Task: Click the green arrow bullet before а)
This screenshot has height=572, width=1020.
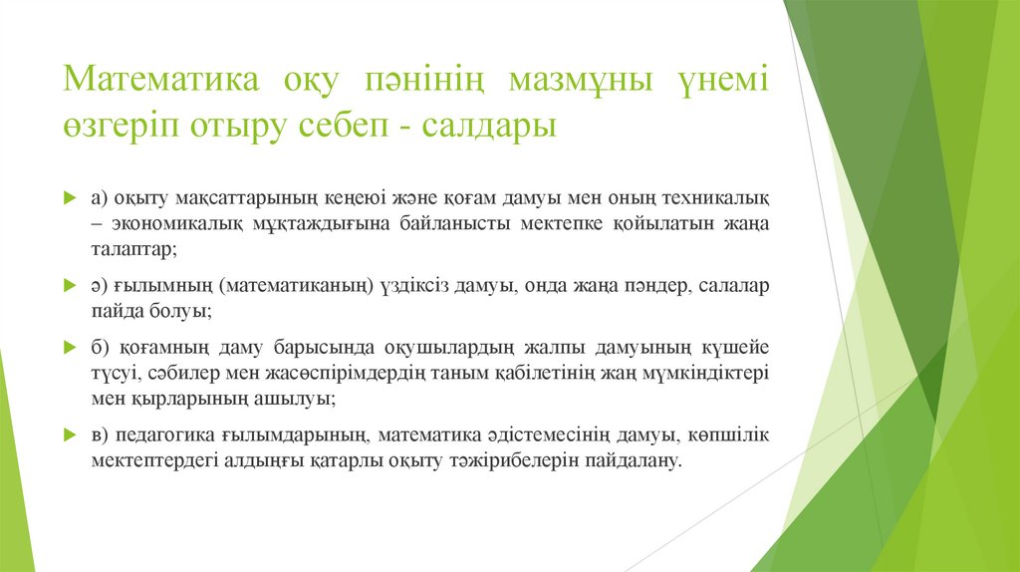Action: coord(70,198)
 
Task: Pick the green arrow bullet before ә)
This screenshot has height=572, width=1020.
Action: coord(70,286)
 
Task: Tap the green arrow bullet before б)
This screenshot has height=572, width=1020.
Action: coord(70,349)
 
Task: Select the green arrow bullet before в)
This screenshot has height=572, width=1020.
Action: coord(70,435)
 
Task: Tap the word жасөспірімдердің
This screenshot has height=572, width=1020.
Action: coord(336,374)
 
